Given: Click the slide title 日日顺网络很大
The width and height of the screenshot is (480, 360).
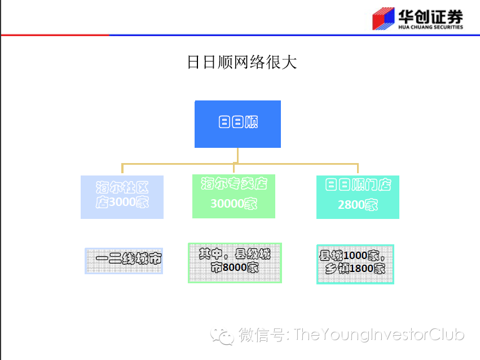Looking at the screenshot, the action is pyautogui.click(x=241, y=62).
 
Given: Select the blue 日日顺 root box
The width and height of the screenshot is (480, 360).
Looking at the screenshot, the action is pyautogui.click(x=237, y=124).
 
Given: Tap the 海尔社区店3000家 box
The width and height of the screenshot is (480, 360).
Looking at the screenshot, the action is pyautogui.click(x=122, y=196).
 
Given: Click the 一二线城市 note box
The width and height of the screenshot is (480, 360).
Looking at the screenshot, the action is pyautogui.click(x=124, y=261).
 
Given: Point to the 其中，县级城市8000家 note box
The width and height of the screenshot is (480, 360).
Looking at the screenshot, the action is pyautogui.click(x=235, y=262).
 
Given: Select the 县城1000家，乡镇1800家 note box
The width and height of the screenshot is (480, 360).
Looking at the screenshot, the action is pyautogui.click(x=355, y=264).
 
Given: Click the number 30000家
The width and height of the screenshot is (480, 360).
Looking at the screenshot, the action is pyautogui.click(x=234, y=204).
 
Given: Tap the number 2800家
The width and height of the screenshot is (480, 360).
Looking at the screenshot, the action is pyautogui.click(x=358, y=205).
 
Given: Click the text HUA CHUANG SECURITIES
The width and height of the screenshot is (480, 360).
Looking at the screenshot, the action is pyautogui.click(x=430, y=27).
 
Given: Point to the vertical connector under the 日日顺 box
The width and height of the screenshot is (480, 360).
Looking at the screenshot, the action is pyautogui.click(x=237, y=155).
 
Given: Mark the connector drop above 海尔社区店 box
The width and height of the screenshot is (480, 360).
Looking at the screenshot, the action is pyautogui.click(x=122, y=169).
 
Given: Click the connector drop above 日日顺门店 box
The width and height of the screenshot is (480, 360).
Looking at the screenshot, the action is pyautogui.click(x=358, y=169).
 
